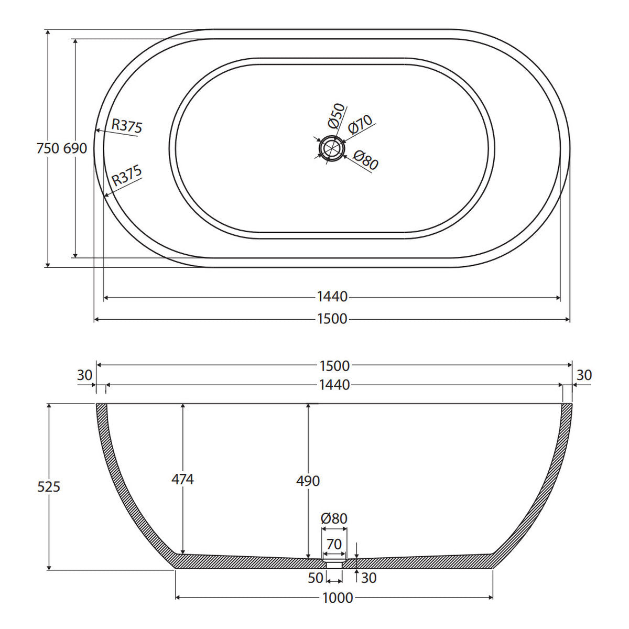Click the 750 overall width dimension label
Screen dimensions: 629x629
click(x=48, y=148)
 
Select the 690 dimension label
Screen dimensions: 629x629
click(x=75, y=148)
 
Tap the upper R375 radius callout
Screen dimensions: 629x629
click(x=127, y=126)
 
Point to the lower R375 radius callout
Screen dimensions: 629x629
click(x=127, y=175)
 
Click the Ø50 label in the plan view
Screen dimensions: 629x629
click(x=336, y=115)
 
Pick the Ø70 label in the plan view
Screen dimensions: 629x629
click(x=360, y=124)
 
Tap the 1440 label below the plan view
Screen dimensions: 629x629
click(x=332, y=297)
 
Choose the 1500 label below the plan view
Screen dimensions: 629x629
click(x=332, y=319)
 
